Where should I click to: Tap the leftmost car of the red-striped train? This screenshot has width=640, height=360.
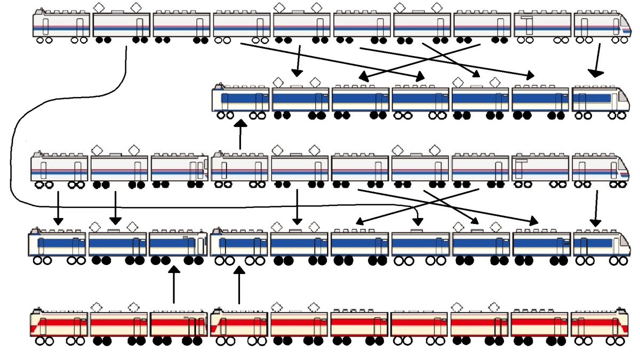coord(59,323)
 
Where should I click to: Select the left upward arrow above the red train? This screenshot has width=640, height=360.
coord(173,286)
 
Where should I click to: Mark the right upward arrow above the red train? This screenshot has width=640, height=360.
coord(239,286)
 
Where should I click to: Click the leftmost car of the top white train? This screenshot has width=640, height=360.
coord(61,25)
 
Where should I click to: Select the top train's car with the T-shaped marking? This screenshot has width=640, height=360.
coord(542,25)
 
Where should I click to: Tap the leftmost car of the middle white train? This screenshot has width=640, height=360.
coord(59,168)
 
